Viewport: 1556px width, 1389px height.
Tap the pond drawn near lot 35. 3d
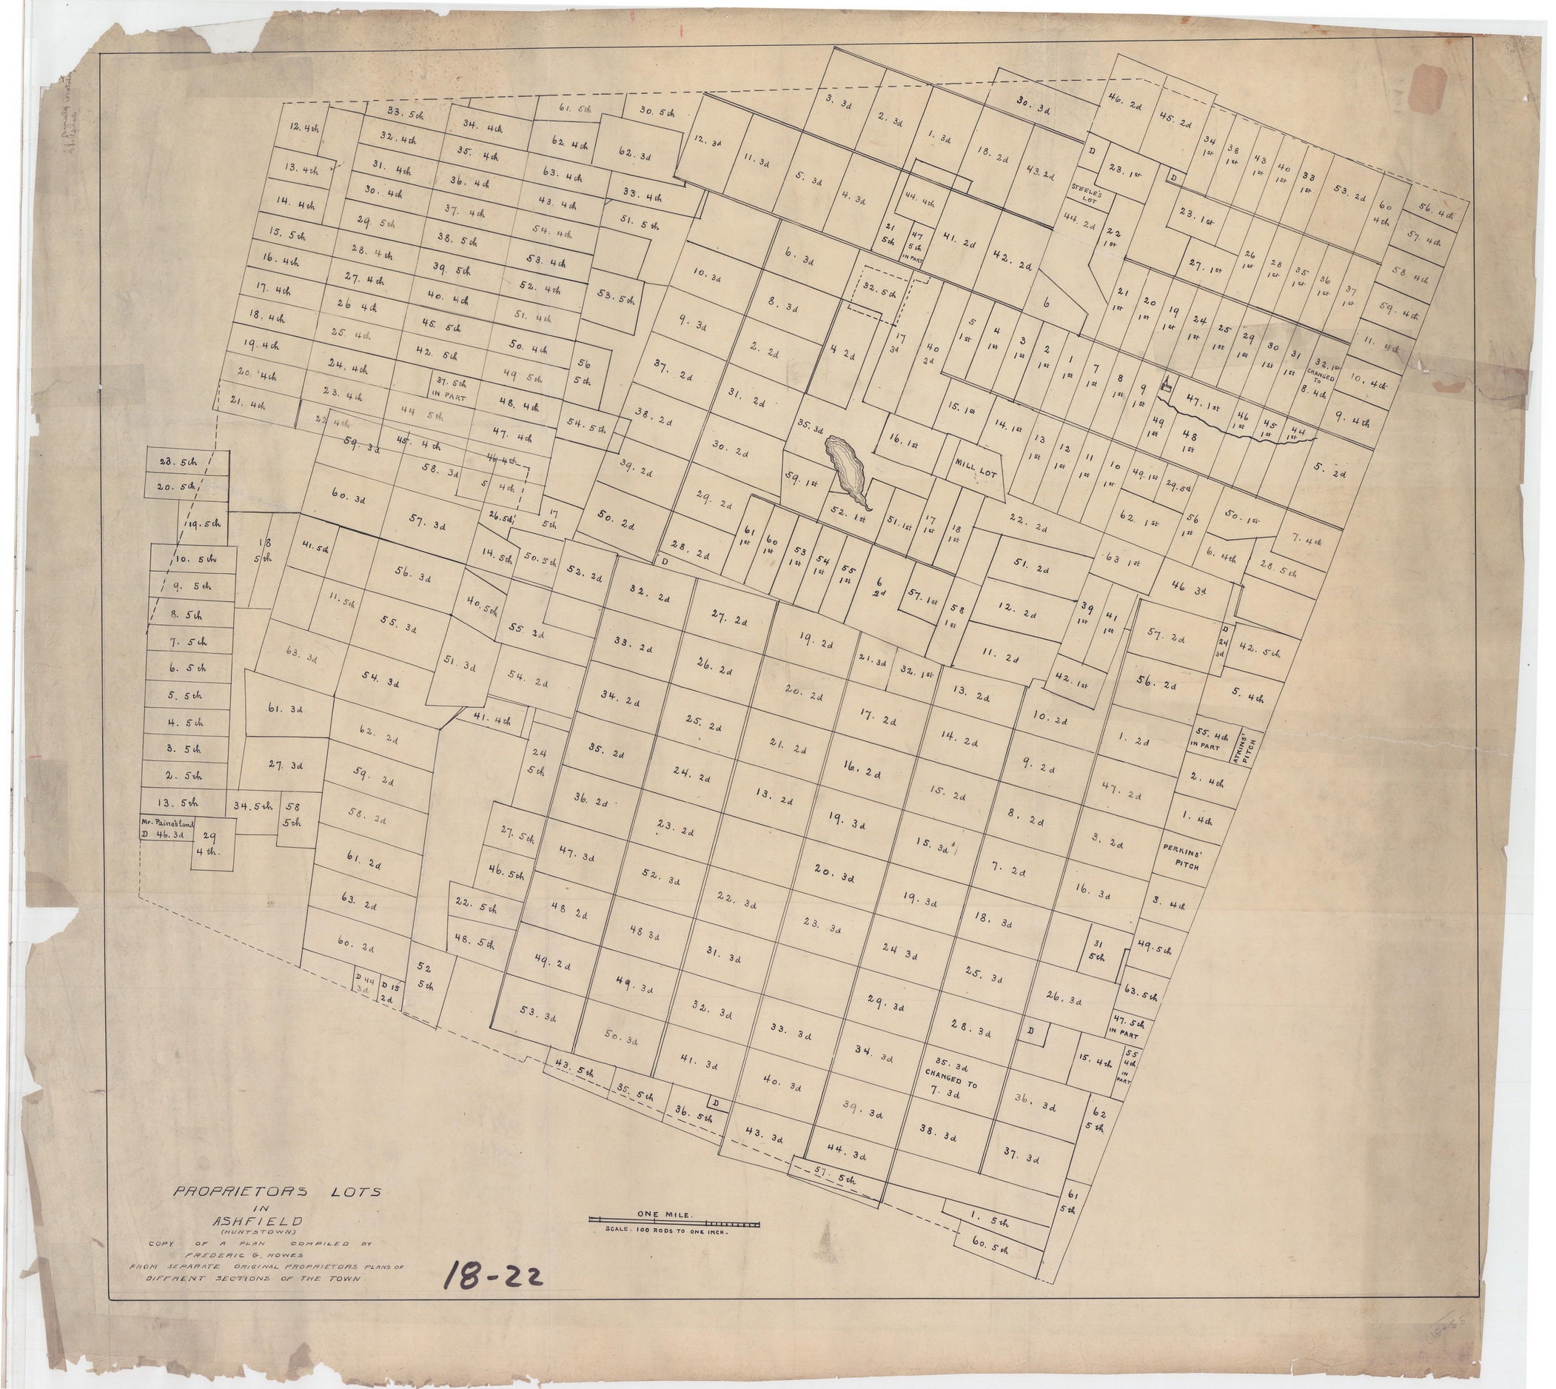(846, 466)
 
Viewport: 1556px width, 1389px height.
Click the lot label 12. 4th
(303, 129)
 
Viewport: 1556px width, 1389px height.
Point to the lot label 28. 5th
(178, 461)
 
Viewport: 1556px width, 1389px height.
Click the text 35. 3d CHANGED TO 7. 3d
(949, 1077)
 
